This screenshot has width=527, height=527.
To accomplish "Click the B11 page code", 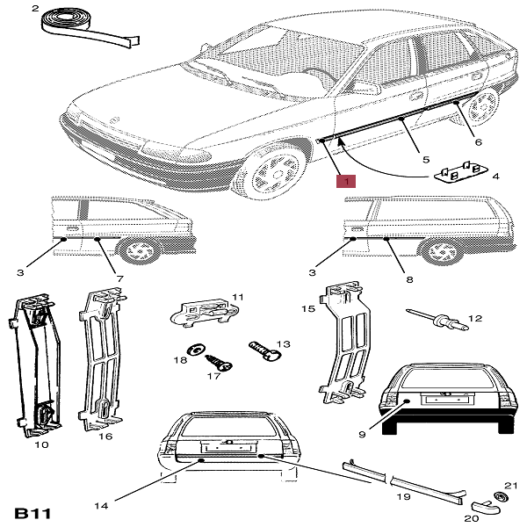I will [x=33, y=511].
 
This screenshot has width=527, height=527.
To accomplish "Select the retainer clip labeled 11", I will [x=207, y=310].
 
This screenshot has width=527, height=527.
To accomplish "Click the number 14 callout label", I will [x=100, y=505].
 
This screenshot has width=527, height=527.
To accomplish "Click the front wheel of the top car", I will [x=268, y=172].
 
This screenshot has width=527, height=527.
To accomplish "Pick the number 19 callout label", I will [x=403, y=497].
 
